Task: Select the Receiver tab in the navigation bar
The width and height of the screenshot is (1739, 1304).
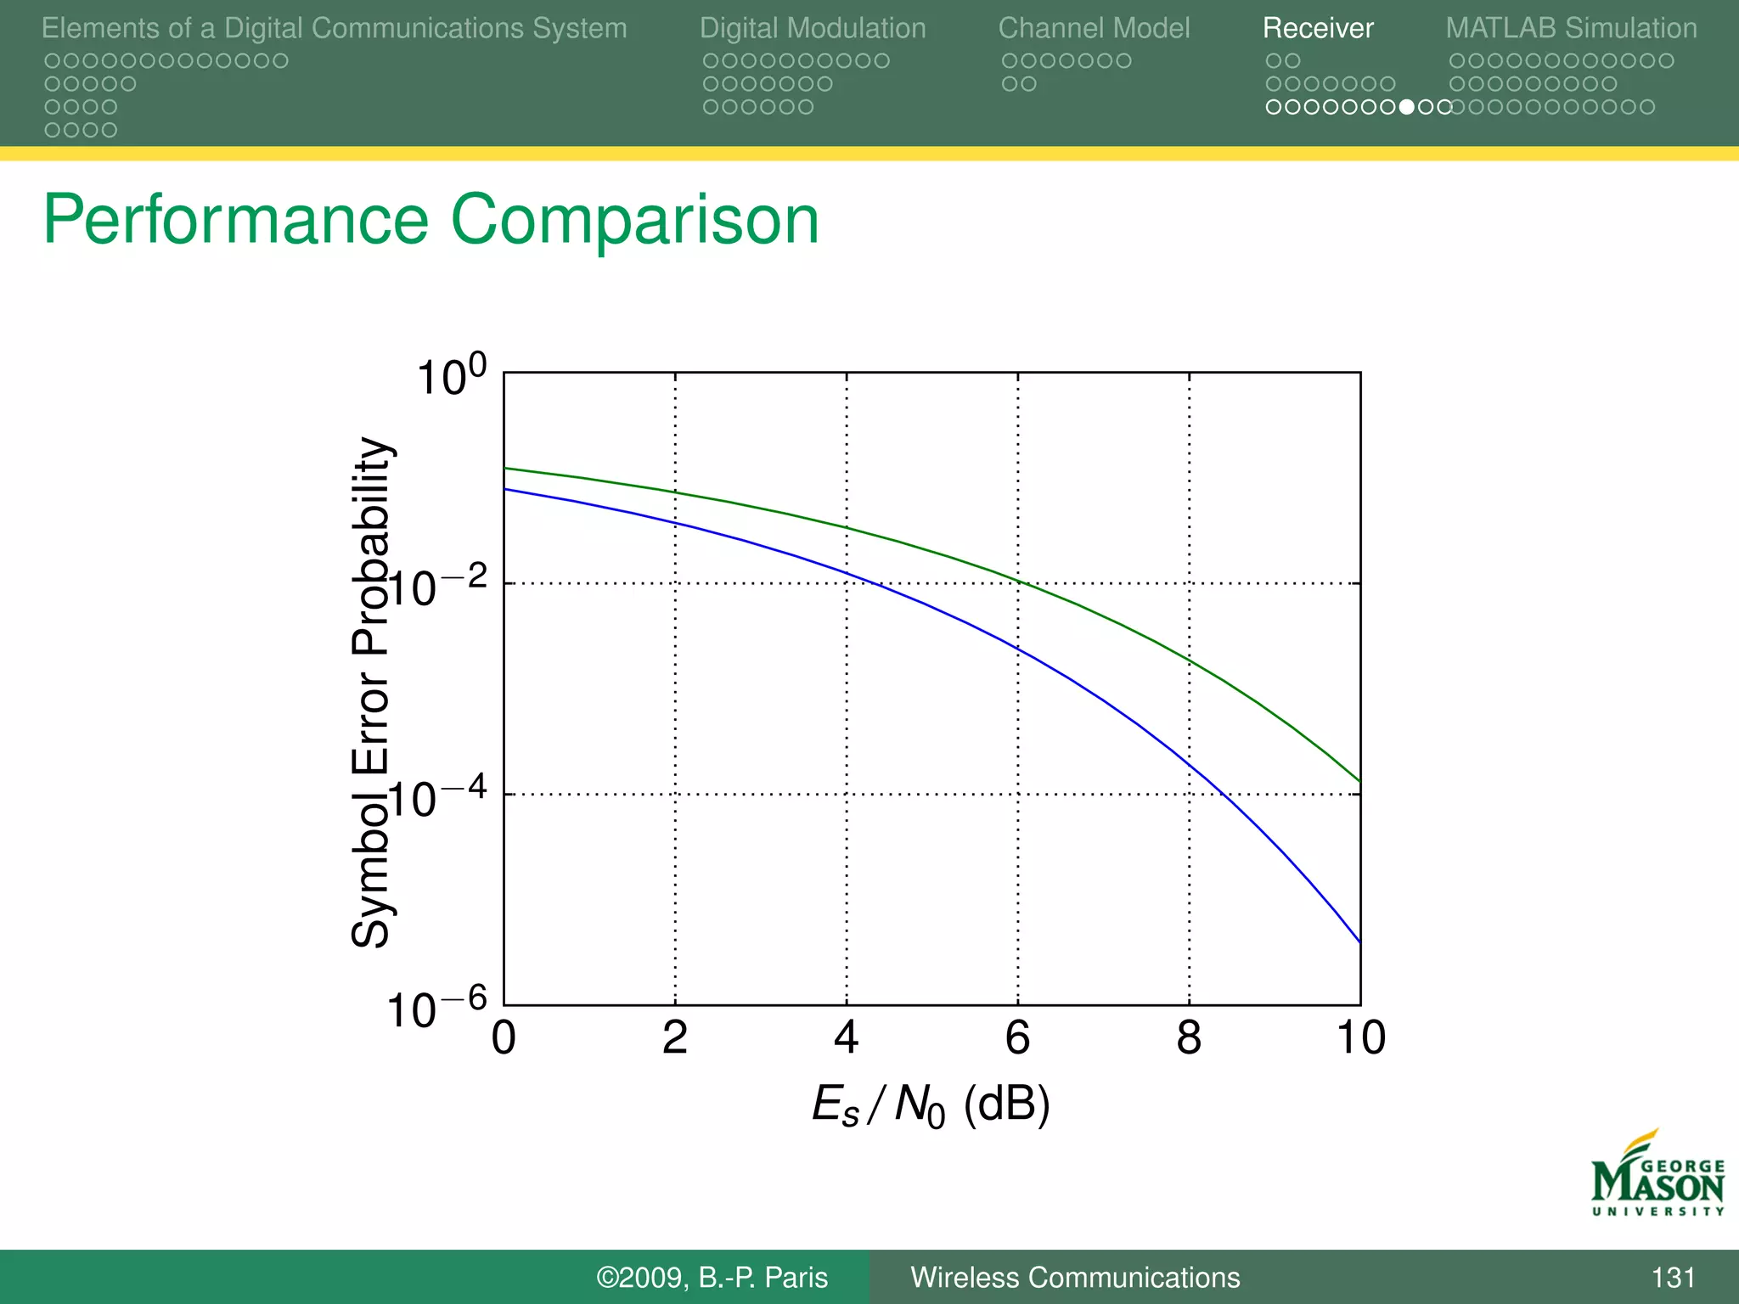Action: click(x=1317, y=29)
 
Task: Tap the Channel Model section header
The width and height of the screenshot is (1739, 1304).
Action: click(x=1094, y=29)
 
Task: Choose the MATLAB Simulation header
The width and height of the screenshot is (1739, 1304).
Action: click(x=1571, y=29)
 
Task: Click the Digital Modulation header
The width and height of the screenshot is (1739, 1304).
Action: click(x=813, y=29)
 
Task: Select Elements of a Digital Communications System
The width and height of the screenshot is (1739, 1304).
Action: click(x=334, y=29)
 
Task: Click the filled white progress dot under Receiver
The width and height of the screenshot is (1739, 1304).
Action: click(x=1407, y=107)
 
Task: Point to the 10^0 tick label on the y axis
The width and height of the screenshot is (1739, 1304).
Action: click(x=451, y=375)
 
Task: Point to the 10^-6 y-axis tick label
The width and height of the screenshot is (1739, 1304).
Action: click(x=436, y=1009)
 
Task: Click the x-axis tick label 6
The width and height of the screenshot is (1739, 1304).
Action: click(x=1017, y=1037)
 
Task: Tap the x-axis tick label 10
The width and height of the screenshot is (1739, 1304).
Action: click(x=1360, y=1037)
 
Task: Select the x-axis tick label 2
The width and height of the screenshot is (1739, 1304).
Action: click(x=675, y=1037)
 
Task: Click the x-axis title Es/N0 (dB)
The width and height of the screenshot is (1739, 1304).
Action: click(x=931, y=1106)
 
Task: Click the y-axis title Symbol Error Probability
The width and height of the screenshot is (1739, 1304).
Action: click(x=370, y=692)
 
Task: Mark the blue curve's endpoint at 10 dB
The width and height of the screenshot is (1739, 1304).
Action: click(x=1359, y=941)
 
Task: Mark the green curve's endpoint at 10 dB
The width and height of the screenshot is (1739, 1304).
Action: click(x=1359, y=780)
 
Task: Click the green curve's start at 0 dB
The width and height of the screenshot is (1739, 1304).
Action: click(x=506, y=468)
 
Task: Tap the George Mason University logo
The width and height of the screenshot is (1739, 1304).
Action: click(x=1657, y=1175)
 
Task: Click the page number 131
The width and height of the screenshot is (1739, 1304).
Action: click(x=1673, y=1278)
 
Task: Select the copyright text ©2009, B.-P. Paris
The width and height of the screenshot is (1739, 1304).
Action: click(x=712, y=1278)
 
